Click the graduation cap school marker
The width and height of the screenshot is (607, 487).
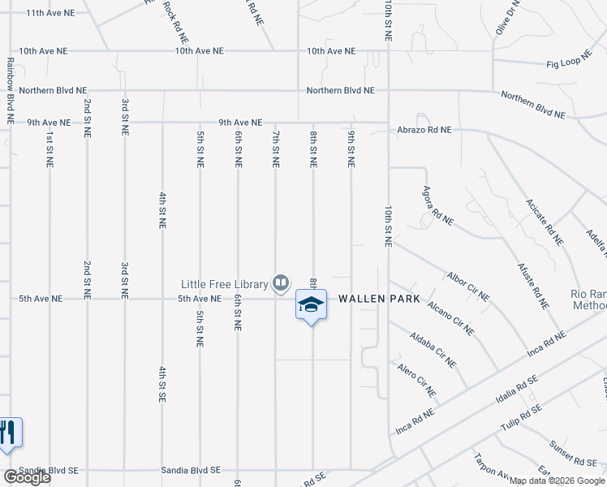[x=310, y=305]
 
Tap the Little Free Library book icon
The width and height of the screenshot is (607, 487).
[x=281, y=283]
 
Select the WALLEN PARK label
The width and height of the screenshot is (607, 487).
[x=379, y=299]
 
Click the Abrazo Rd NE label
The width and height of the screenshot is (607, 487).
[x=424, y=129]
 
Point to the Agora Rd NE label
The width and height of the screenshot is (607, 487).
[x=437, y=205]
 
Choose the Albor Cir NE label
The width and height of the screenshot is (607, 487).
[x=468, y=287]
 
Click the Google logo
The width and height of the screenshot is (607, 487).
[x=26, y=478]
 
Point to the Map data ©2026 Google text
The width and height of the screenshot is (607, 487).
[x=556, y=481]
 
